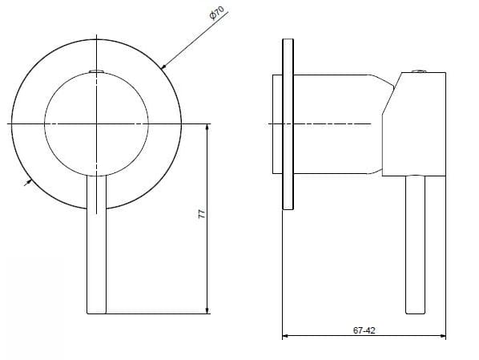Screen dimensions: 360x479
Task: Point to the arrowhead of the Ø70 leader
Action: point(163,65)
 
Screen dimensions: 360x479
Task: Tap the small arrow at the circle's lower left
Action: point(30,183)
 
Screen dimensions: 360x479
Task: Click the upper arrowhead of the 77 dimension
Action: point(208,127)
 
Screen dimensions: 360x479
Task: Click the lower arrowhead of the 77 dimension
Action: point(208,311)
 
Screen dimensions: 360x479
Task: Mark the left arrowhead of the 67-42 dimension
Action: point(286,335)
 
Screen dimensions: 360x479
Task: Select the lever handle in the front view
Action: point(96,249)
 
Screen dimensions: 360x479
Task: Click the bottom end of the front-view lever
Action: point(96,313)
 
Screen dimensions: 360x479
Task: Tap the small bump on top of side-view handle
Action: point(416,71)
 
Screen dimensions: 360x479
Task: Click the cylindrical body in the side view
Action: point(336,123)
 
